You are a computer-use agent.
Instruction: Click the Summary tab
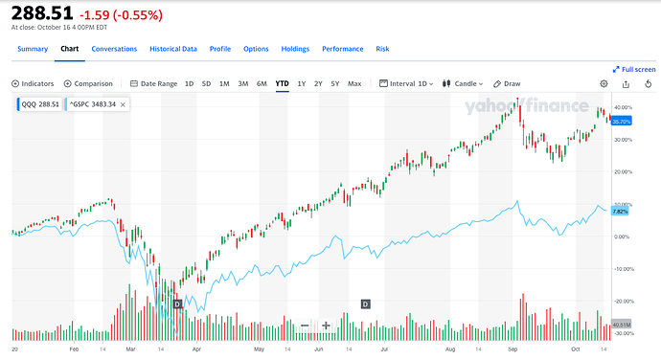click(x=32, y=48)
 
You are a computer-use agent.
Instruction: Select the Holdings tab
click(x=295, y=48)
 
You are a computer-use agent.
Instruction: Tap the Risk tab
click(x=382, y=48)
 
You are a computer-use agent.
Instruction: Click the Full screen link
click(x=634, y=69)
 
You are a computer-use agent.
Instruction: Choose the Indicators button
click(x=34, y=83)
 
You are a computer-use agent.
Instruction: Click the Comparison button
click(x=88, y=83)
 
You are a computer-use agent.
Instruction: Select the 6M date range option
click(x=262, y=83)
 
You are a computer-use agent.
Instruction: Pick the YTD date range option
click(x=282, y=83)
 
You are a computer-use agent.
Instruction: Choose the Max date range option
click(x=354, y=83)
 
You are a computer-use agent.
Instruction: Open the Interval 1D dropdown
click(x=407, y=83)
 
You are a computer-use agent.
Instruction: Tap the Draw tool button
click(x=508, y=83)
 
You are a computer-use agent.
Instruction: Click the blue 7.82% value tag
click(x=621, y=211)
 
